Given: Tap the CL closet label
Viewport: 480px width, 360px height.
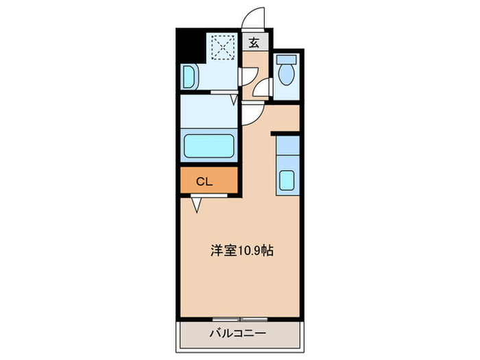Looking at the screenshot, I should (x=204, y=182).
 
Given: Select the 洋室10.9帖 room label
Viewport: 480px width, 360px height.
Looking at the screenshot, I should (x=241, y=251).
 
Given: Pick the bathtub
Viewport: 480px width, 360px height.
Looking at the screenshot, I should (x=210, y=146).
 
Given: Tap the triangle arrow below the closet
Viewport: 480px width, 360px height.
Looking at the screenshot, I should (x=197, y=204).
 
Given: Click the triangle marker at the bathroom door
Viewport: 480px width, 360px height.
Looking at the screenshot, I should (x=234, y=99).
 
